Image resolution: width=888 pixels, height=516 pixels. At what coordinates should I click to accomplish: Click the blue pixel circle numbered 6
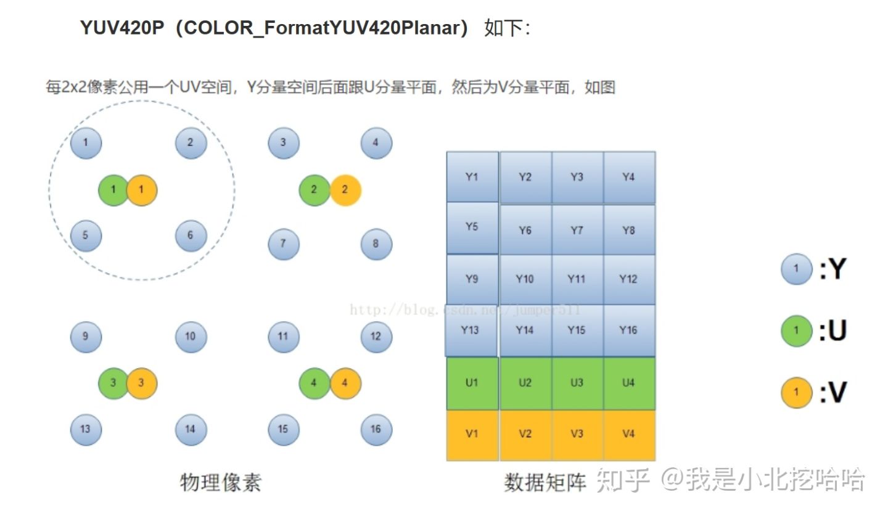(x=191, y=235)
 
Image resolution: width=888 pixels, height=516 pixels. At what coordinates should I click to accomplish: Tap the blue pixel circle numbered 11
(x=284, y=337)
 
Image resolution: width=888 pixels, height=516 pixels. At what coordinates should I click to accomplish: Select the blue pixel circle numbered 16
(x=376, y=430)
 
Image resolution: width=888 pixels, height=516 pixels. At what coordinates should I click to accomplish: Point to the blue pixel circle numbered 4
(x=376, y=143)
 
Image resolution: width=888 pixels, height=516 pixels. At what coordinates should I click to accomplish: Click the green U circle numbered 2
(x=314, y=190)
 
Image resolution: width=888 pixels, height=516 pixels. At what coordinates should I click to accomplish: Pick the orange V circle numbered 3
(x=142, y=383)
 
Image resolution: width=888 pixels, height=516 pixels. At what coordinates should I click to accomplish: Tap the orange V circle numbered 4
(x=345, y=383)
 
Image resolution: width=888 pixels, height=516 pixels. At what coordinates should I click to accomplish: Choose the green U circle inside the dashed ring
(x=113, y=190)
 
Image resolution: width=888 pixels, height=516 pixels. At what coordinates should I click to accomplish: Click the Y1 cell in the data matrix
(x=472, y=177)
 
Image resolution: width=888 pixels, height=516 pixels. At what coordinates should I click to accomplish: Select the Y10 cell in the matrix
(x=525, y=279)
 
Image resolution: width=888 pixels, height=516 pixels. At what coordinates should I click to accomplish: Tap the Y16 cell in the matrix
(x=629, y=330)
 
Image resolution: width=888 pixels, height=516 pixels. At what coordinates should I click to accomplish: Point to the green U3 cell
(x=577, y=383)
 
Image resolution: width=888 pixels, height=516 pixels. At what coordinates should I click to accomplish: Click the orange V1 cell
(x=472, y=435)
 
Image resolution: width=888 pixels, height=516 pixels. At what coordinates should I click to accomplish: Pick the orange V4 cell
(x=629, y=435)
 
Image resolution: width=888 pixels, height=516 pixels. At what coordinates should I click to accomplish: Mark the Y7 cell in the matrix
(x=577, y=231)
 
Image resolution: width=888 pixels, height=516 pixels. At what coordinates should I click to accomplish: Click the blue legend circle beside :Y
(x=797, y=269)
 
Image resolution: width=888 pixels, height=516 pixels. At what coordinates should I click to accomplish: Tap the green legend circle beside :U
(x=797, y=331)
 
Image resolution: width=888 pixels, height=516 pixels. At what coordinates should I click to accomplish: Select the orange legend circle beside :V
(x=797, y=393)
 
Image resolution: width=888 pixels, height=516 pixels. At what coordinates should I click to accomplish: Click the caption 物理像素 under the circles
(x=221, y=483)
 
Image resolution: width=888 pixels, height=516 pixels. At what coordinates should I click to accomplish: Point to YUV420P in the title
(x=122, y=28)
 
